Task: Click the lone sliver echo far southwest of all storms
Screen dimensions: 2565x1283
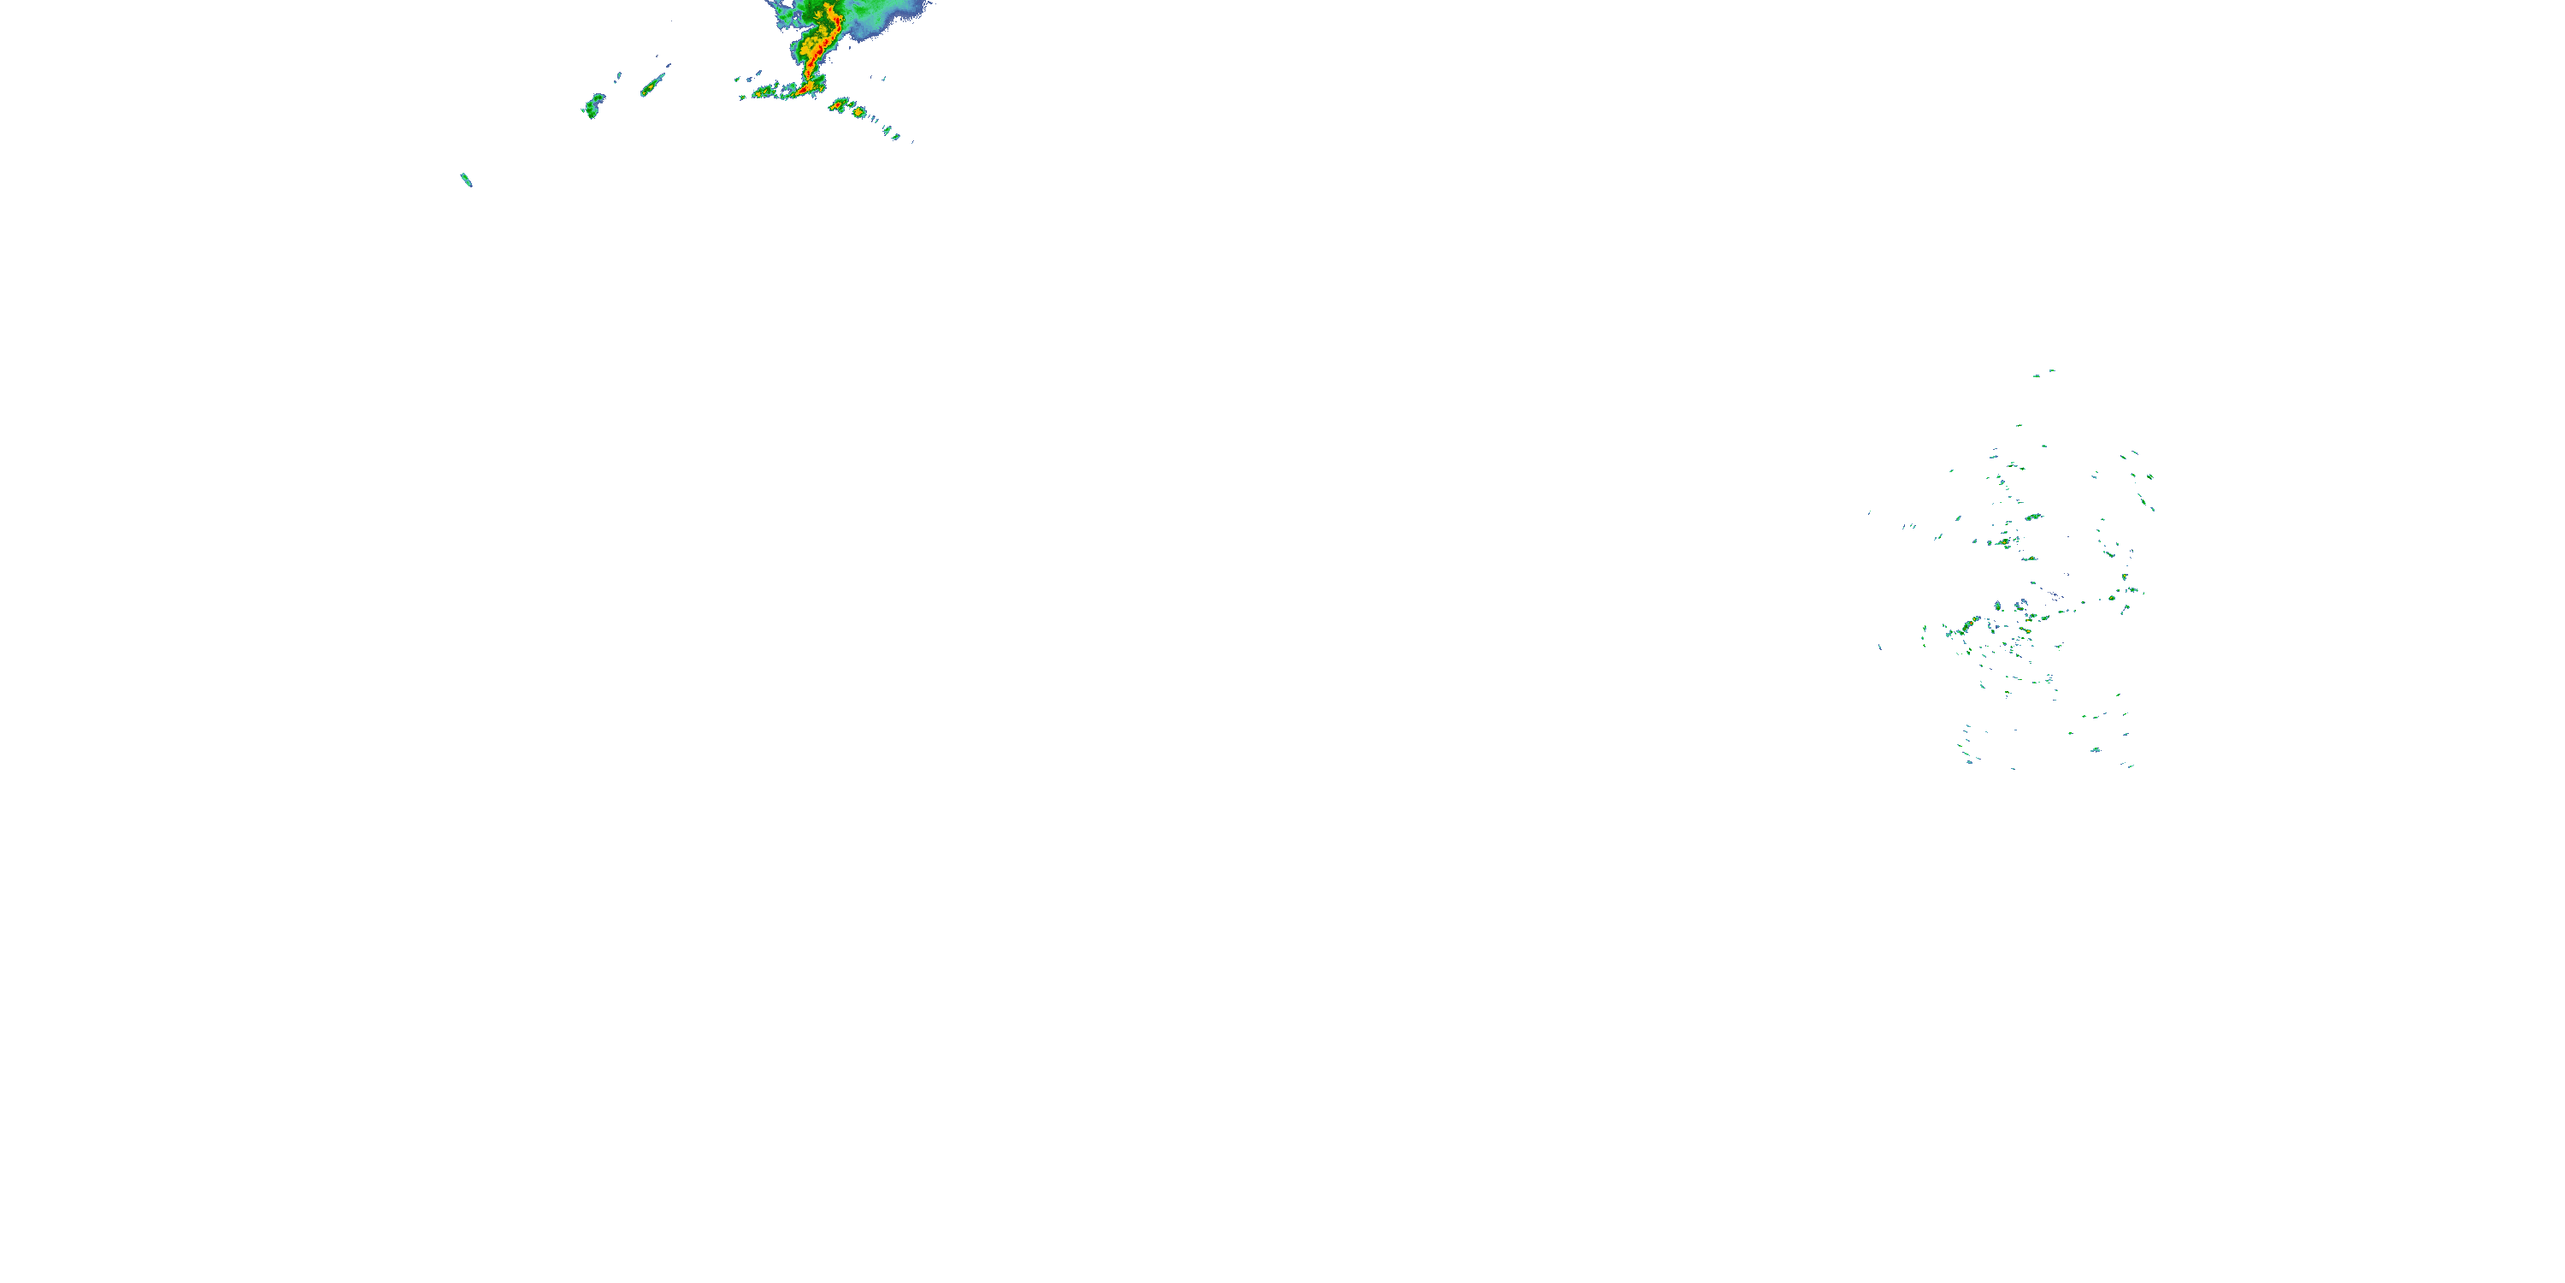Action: pos(466,180)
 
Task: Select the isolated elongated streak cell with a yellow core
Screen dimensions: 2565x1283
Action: pos(652,86)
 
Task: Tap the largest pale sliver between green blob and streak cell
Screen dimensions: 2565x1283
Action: pos(618,76)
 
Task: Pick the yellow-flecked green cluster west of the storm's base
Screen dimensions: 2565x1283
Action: pos(764,92)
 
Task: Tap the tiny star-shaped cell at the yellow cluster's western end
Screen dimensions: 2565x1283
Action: pos(743,98)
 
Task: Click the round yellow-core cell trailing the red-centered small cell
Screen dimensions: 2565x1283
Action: pos(859,113)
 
